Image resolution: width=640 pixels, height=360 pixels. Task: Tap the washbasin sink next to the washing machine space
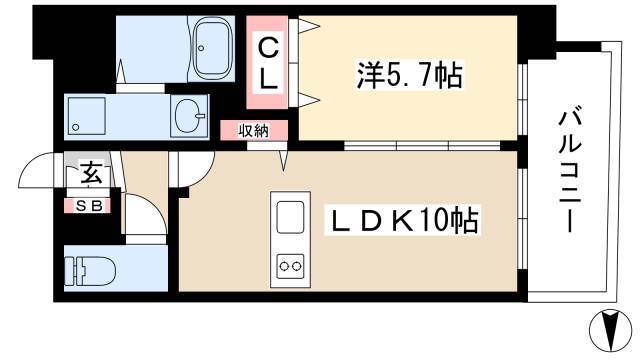pos(189,116)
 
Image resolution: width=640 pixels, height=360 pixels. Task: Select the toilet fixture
pos(90,271)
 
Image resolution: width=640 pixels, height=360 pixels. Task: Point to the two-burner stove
pos(290,267)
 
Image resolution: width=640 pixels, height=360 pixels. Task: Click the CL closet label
pos(268,63)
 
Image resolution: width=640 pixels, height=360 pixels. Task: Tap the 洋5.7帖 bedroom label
pos(409,76)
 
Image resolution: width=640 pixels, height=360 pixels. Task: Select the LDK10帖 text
pos(402,220)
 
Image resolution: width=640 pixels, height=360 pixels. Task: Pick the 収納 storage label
pos(254,131)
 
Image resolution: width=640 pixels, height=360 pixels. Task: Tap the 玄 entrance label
pos(91,173)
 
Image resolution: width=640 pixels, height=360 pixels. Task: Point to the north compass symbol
pos(610,331)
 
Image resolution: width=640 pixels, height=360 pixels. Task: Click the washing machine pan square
pos(86,116)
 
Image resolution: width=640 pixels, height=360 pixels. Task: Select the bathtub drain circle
pos(201,48)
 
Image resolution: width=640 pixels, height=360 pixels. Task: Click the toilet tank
pos(74,271)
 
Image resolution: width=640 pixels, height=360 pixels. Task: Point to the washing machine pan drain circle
pos(76,127)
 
